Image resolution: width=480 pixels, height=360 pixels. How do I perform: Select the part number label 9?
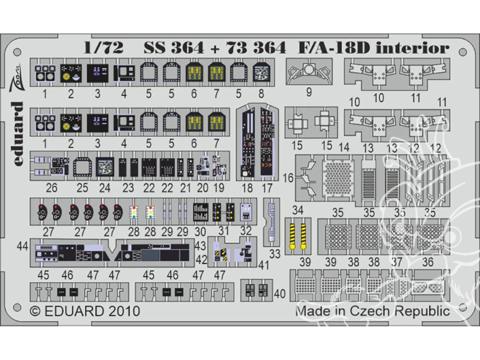(x=309, y=95)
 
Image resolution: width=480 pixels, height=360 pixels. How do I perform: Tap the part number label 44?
(x=24, y=246)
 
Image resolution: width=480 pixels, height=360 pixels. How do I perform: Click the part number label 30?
(x=200, y=230)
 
